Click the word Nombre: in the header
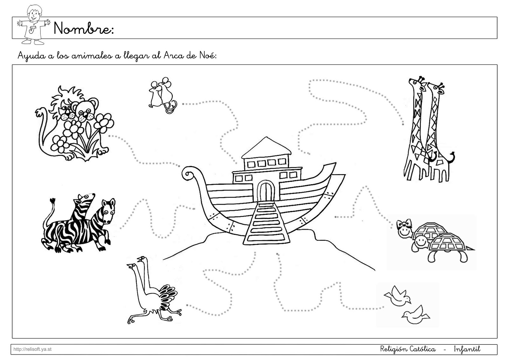(83, 28)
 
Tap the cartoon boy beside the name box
(33, 25)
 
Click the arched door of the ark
(266, 191)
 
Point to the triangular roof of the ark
(266, 147)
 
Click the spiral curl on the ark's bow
(188, 174)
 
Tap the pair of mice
(162, 95)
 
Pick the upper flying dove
(397, 296)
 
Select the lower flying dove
(415, 315)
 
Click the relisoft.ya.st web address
(32, 349)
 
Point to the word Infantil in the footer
(467, 349)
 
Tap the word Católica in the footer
(423, 349)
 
